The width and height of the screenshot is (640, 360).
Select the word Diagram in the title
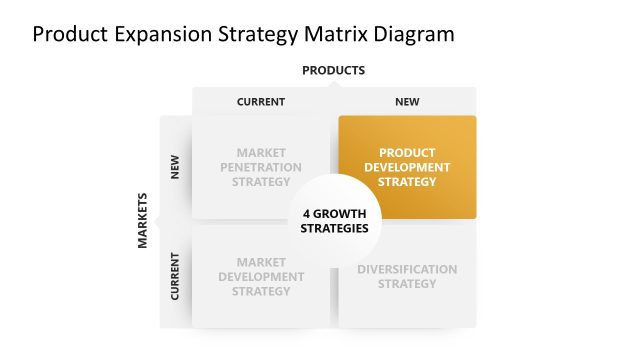pos(413,34)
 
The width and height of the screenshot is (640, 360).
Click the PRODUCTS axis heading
pos(333,70)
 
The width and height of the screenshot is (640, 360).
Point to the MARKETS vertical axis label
pos(142,220)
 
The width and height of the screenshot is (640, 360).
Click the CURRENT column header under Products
pos(261,101)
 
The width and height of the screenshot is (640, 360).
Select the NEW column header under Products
pos(407,101)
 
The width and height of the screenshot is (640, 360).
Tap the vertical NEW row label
pos(176,166)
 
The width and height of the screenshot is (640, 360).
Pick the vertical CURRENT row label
pos(176,276)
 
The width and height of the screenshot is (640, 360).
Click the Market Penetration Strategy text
pos(261,167)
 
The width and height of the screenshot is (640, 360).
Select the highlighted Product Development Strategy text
pos(407,167)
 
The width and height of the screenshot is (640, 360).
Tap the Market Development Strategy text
pos(261,276)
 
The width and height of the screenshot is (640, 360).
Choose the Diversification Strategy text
pos(407,276)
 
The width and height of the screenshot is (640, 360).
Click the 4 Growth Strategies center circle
pos(334,220)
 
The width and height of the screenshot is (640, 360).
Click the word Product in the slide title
pos(68,34)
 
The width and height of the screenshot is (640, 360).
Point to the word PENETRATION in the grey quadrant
pos(261,167)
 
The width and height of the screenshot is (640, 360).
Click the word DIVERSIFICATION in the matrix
pos(407,269)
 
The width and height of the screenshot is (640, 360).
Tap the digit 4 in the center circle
pos(307,213)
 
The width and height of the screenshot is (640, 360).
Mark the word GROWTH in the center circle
pos(340,213)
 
